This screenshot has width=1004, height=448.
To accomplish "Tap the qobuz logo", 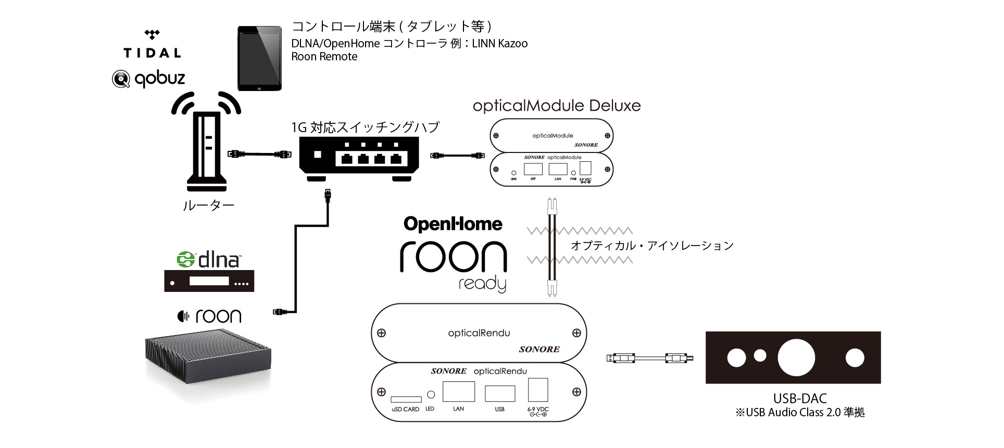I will click(x=149, y=79).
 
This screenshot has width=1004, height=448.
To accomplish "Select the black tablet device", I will click(x=259, y=59).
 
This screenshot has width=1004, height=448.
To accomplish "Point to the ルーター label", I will click(x=208, y=206).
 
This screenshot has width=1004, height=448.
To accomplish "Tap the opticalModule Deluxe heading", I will click(x=556, y=106).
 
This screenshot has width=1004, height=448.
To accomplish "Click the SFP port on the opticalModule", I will click(x=533, y=169).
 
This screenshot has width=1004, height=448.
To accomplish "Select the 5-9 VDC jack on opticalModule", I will click(x=585, y=168).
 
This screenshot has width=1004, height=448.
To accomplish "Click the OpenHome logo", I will click(x=453, y=224).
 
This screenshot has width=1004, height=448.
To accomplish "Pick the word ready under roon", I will click(x=482, y=284).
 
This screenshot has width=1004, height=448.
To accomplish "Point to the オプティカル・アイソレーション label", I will click(x=652, y=246).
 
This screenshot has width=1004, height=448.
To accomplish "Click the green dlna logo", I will click(x=209, y=259).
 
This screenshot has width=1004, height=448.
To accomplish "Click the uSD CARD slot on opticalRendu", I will click(x=406, y=400).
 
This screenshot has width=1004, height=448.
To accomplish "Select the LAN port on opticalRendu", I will click(x=458, y=392).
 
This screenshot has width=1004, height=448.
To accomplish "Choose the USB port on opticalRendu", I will click(x=500, y=393).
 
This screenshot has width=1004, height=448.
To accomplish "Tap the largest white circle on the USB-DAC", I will click(x=796, y=358).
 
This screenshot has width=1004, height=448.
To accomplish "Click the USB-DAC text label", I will click(x=800, y=399).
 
